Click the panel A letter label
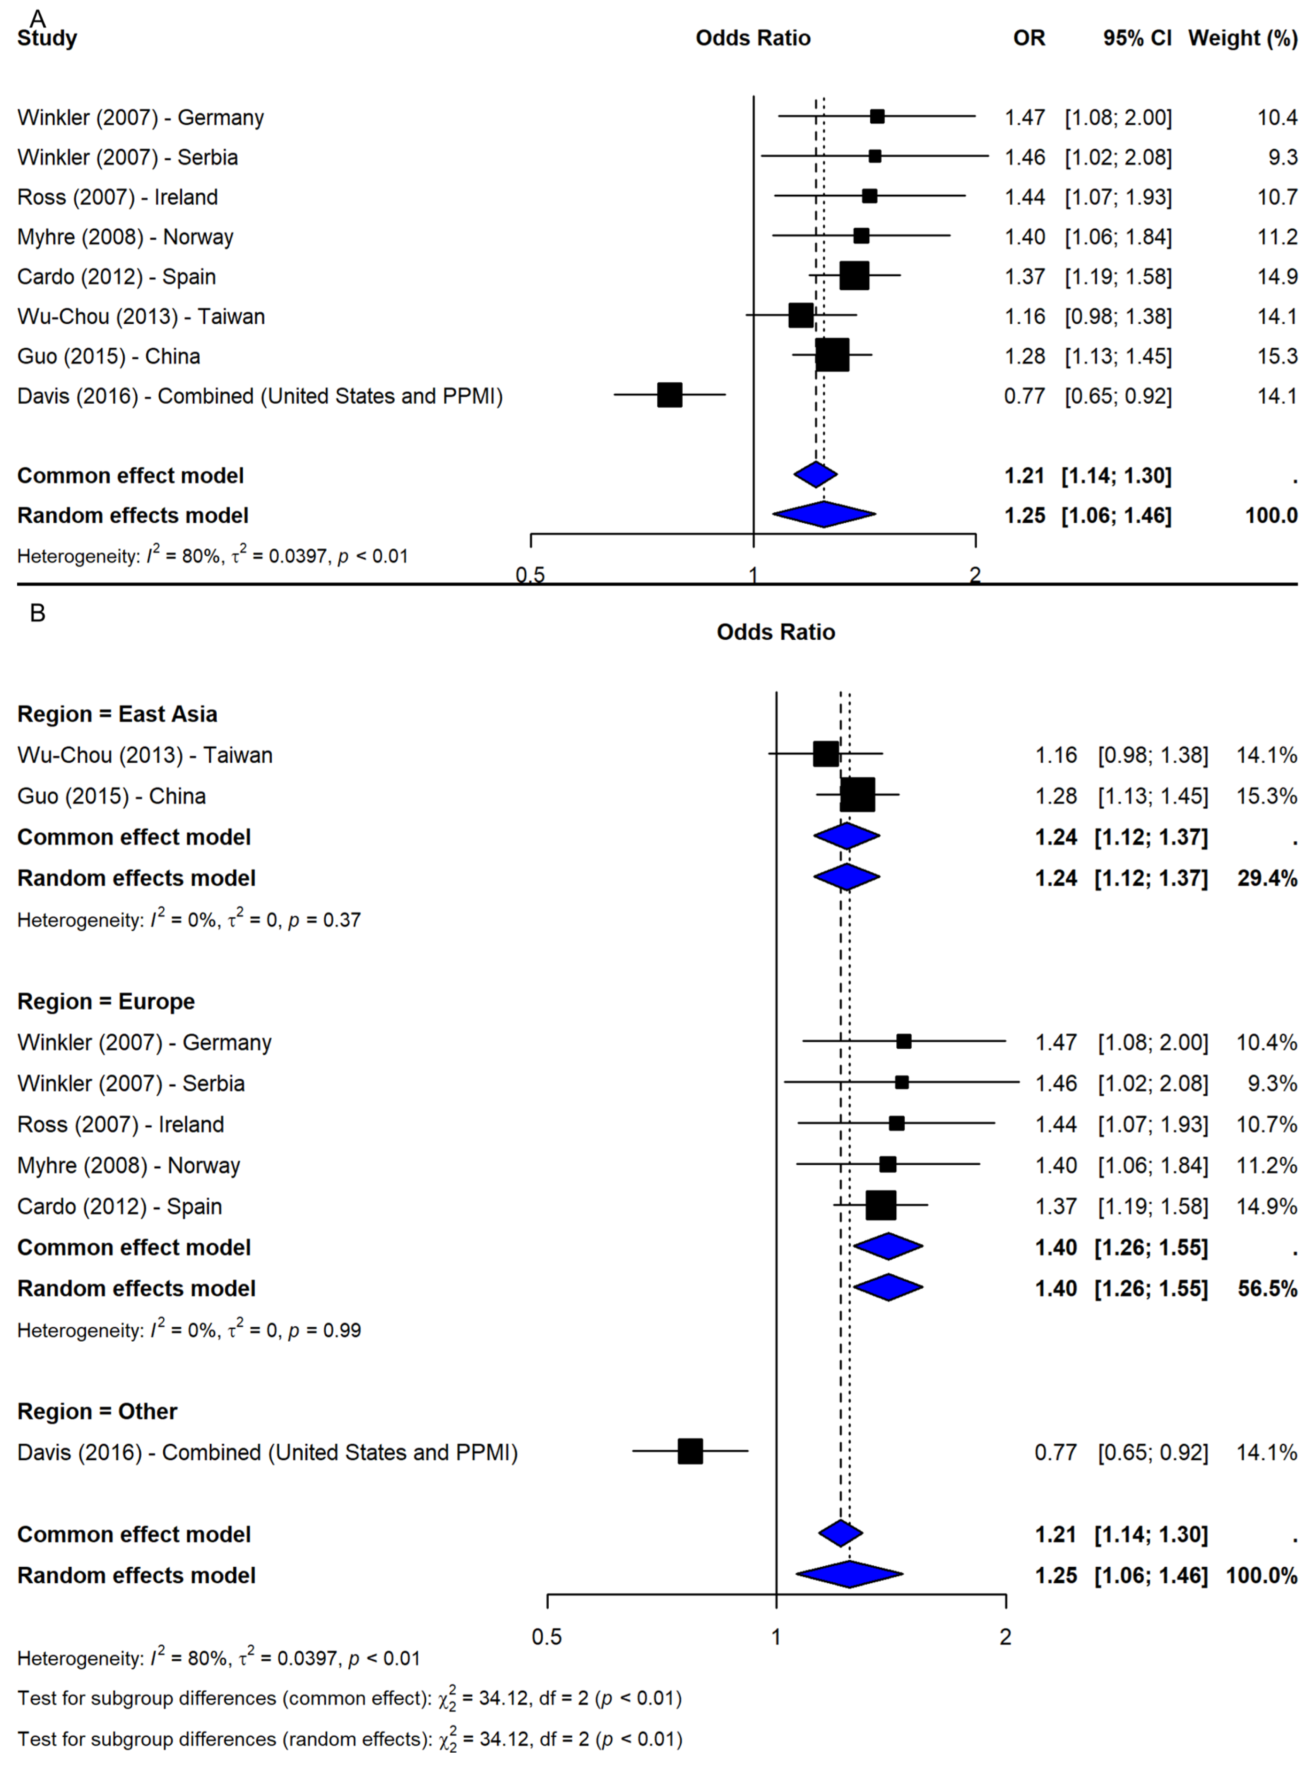click(38, 17)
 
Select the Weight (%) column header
click(1242, 38)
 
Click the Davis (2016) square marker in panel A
click(669, 395)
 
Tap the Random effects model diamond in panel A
click(824, 514)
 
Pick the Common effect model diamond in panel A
click(815, 474)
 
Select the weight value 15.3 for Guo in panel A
click(1277, 356)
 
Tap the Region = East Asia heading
click(117, 714)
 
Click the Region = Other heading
click(97, 1411)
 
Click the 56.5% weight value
click(1267, 1288)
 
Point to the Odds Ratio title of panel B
click(776, 632)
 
